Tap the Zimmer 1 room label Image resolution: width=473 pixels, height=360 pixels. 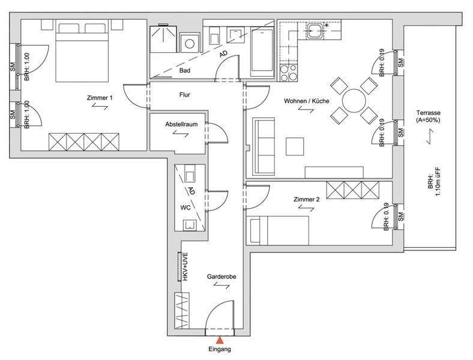point(99,98)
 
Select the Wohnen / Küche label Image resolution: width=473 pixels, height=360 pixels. point(306,102)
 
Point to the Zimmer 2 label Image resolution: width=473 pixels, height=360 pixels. point(306,199)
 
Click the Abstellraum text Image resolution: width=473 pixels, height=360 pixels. point(181,124)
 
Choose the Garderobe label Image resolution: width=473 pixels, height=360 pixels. point(221,277)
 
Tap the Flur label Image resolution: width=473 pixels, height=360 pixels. point(184,95)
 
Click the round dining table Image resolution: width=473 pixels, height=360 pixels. point(354,98)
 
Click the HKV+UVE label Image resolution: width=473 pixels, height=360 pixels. point(186,267)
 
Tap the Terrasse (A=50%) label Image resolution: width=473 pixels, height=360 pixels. point(429,116)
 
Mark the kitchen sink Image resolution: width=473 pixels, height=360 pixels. point(315,29)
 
